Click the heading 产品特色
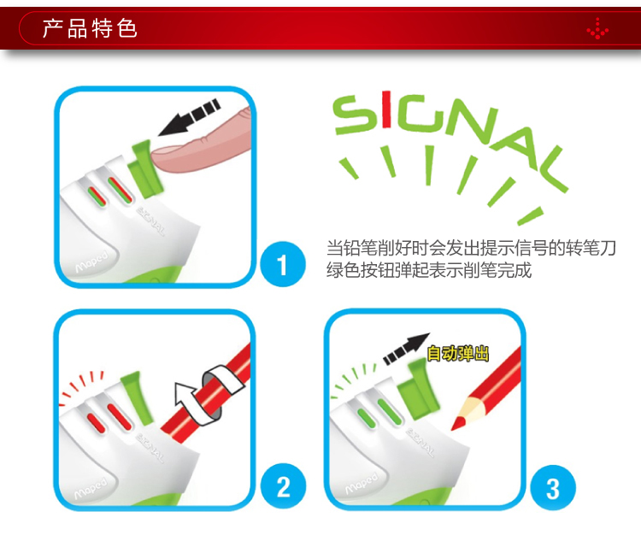tap(90, 28)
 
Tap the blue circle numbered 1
tap(283, 264)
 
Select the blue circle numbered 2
tap(283, 486)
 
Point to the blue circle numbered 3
tap(553, 488)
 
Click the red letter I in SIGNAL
tap(386, 111)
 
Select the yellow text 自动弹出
tap(457, 353)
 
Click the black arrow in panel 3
tap(406, 349)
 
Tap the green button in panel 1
tap(144, 168)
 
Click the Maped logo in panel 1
tap(91, 262)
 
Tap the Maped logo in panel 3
tap(362, 483)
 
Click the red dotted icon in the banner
tap(597, 28)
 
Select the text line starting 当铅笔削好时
tap(471, 248)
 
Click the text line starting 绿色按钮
tap(429, 270)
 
